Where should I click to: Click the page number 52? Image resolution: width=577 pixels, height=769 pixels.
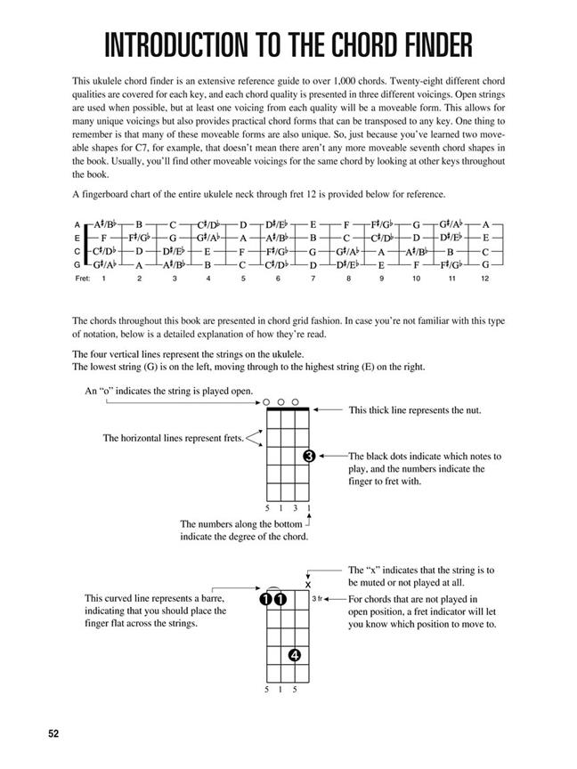click(55, 733)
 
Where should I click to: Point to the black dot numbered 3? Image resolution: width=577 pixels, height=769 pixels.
click(308, 457)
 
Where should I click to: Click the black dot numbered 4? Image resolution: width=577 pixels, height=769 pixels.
click(294, 657)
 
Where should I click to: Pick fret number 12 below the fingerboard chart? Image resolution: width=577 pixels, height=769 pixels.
click(484, 279)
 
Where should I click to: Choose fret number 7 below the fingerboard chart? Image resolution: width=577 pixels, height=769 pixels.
click(313, 279)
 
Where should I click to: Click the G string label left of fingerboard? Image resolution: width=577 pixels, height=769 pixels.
click(78, 264)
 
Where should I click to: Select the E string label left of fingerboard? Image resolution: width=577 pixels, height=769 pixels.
click(78, 239)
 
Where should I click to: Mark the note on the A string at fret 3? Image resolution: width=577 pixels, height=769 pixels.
click(174, 226)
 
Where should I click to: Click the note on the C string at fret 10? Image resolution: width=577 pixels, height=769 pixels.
click(415, 252)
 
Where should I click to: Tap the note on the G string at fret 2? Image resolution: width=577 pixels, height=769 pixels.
click(139, 264)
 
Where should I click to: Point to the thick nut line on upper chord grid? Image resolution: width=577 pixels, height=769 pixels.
click(287, 409)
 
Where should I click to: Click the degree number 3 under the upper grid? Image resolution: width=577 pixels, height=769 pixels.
click(295, 508)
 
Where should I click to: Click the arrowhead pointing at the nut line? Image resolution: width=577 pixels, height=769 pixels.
click(317, 409)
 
